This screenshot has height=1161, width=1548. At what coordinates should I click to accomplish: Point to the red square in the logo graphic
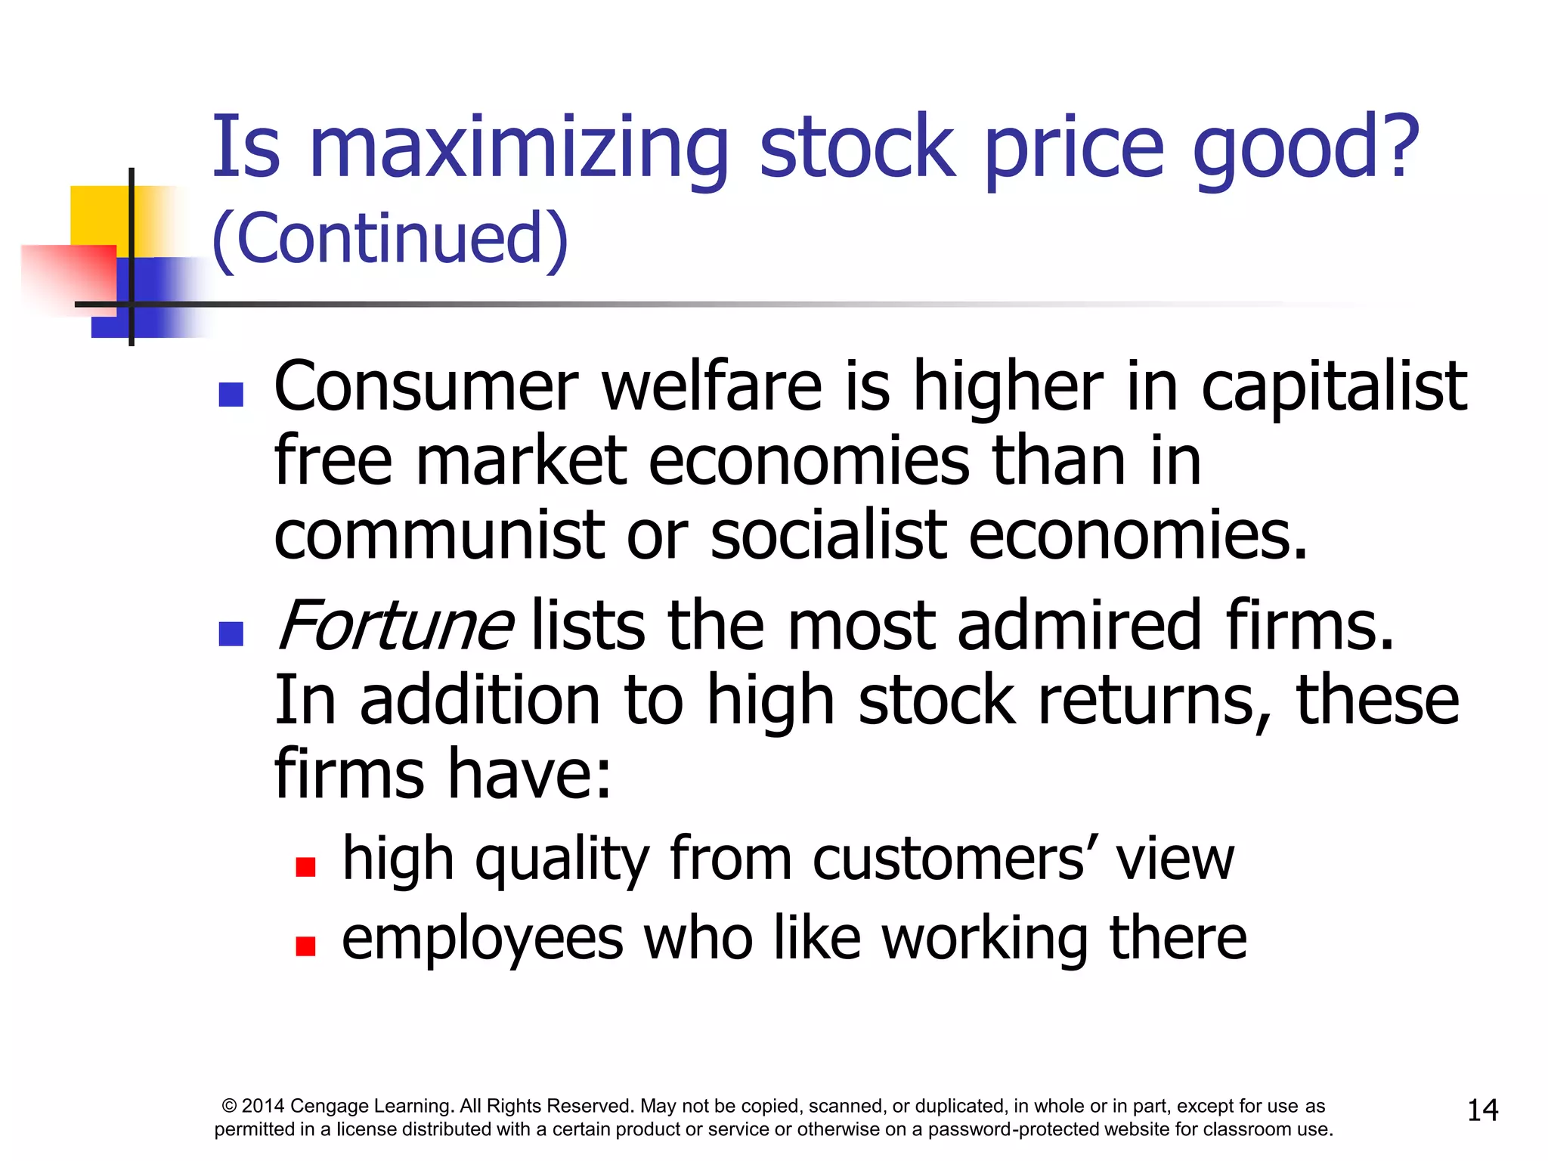pos(68,276)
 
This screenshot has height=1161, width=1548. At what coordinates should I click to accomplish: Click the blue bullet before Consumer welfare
pos(231,395)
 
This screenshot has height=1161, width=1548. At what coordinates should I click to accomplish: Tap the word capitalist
pos(1334,387)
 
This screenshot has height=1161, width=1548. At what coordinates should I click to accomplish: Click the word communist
pos(438,535)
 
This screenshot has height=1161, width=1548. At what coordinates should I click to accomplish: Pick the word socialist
pos(828,535)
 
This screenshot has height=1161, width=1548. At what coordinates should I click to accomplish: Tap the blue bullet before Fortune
pos(231,633)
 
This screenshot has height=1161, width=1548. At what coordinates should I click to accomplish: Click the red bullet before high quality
pos(305,866)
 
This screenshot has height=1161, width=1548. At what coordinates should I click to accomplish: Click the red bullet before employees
pos(305,946)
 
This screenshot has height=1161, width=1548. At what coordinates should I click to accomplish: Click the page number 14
pos(1482,1110)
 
